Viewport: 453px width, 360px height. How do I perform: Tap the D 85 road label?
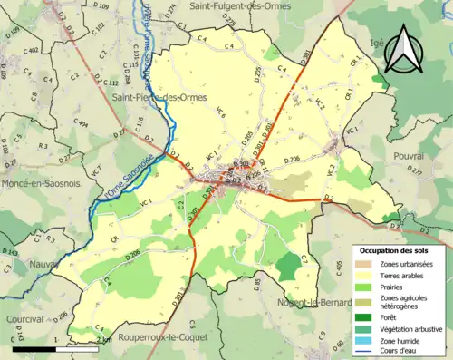[x=257, y=286]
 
